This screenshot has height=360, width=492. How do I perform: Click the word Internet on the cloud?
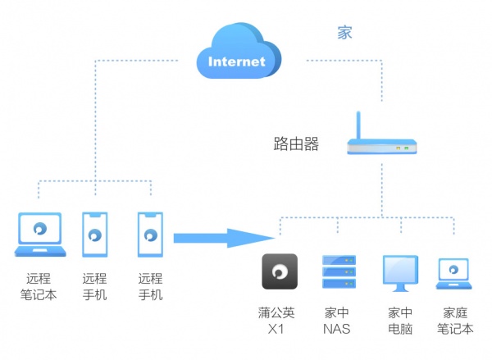point(237,62)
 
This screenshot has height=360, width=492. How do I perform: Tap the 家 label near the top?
point(345,34)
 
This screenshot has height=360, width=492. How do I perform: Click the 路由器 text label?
point(295,144)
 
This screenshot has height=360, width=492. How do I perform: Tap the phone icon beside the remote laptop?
point(95,235)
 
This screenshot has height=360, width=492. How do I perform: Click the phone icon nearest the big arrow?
point(150,235)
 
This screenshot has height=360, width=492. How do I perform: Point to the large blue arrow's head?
point(262,239)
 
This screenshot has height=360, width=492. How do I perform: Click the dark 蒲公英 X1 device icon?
point(279,271)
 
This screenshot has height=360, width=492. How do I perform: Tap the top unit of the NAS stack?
point(339,260)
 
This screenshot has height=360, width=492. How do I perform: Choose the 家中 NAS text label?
point(337,321)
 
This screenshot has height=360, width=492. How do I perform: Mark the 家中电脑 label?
point(399,321)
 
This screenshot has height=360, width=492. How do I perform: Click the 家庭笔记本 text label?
point(455,321)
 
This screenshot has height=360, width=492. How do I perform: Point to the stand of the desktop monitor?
point(399,288)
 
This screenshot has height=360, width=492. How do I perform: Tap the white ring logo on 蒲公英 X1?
point(279,271)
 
